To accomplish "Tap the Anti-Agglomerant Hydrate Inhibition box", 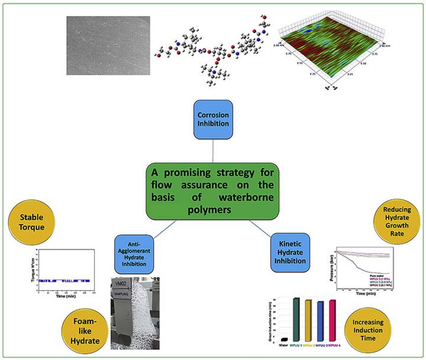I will pos(135,251).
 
